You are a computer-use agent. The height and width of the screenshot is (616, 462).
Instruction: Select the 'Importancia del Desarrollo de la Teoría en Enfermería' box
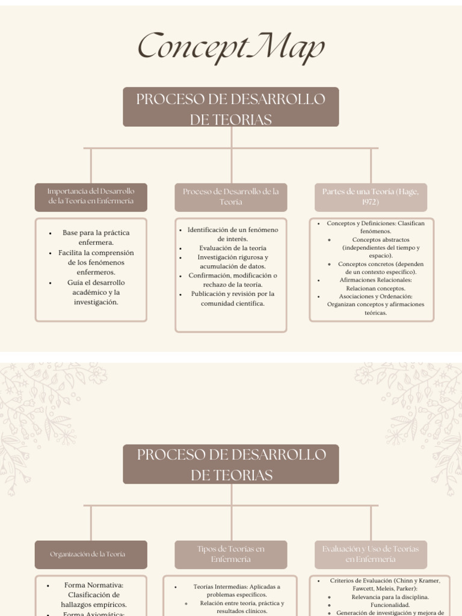click(x=91, y=197)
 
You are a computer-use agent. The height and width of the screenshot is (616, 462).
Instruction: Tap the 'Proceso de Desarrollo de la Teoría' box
click(x=231, y=197)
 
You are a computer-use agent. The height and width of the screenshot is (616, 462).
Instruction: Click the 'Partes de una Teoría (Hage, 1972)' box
click(x=371, y=197)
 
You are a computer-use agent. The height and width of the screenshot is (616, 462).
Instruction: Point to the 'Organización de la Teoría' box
click(x=91, y=554)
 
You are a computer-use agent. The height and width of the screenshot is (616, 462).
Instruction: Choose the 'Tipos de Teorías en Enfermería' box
click(x=231, y=554)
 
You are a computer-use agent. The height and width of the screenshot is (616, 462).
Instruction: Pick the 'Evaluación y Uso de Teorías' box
click(x=371, y=554)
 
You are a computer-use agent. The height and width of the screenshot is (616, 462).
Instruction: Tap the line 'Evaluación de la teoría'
click(x=232, y=248)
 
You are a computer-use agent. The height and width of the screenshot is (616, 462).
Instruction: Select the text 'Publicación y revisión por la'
click(x=232, y=294)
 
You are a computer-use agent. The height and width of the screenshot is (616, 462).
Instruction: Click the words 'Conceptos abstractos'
click(x=381, y=239)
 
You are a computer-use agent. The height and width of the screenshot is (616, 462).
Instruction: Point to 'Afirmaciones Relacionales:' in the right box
click(x=375, y=280)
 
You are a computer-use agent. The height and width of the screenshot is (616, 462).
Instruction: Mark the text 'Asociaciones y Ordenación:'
click(x=375, y=296)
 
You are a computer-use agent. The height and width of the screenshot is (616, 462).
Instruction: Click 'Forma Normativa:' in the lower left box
click(x=93, y=585)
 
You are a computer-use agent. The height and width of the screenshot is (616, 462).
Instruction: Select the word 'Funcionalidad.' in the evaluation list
click(x=390, y=605)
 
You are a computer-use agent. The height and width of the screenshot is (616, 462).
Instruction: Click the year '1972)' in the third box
click(x=371, y=202)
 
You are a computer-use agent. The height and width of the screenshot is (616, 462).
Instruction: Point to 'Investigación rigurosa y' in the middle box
click(x=233, y=257)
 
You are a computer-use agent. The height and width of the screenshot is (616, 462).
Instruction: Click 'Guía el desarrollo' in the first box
click(x=96, y=282)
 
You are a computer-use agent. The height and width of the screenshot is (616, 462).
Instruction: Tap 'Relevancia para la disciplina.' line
click(x=390, y=597)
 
